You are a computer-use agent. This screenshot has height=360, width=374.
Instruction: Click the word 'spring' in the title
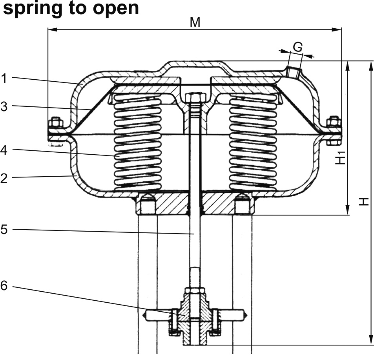(x=28, y=9)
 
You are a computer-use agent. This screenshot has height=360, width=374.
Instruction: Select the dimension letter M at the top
(x=195, y=22)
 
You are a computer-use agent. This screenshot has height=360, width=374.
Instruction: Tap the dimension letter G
(x=298, y=47)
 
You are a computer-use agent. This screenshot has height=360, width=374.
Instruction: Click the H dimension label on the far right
(x=365, y=201)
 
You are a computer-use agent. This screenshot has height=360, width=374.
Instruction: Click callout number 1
(x=4, y=78)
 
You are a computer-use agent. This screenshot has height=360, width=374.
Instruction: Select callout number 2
(x=4, y=178)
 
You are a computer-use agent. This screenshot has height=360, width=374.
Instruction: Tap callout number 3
(x=4, y=106)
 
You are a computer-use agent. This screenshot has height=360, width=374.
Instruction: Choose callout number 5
(x=4, y=229)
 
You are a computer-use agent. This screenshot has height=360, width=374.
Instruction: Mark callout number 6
(x=4, y=286)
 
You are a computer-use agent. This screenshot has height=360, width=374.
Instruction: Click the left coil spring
(x=137, y=143)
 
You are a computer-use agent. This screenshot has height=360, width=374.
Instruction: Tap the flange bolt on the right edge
(x=334, y=128)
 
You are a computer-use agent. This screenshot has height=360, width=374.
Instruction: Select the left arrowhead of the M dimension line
(x=50, y=29)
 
